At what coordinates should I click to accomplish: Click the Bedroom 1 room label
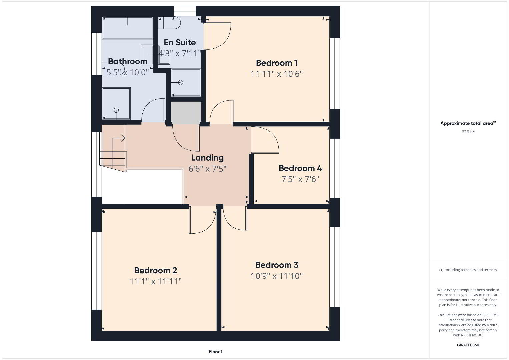tap(277, 63)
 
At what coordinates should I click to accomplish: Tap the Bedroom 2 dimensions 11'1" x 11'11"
tap(156, 281)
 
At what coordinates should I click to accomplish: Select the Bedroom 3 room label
tap(277, 265)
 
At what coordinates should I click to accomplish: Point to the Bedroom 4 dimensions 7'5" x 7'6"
tap(300, 179)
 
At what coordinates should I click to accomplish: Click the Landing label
tap(207, 158)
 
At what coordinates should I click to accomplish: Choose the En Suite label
tap(180, 42)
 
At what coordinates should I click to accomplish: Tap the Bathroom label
tap(127, 61)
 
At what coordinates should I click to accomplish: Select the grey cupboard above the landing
tap(186, 113)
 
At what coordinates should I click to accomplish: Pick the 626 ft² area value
tap(468, 132)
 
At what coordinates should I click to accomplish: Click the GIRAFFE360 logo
tap(468, 345)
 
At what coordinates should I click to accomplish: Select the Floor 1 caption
tap(216, 352)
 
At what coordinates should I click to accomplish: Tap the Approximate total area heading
tap(468, 123)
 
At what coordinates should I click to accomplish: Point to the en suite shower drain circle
tap(181, 82)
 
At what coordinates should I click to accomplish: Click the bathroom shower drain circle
tap(116, 110)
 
